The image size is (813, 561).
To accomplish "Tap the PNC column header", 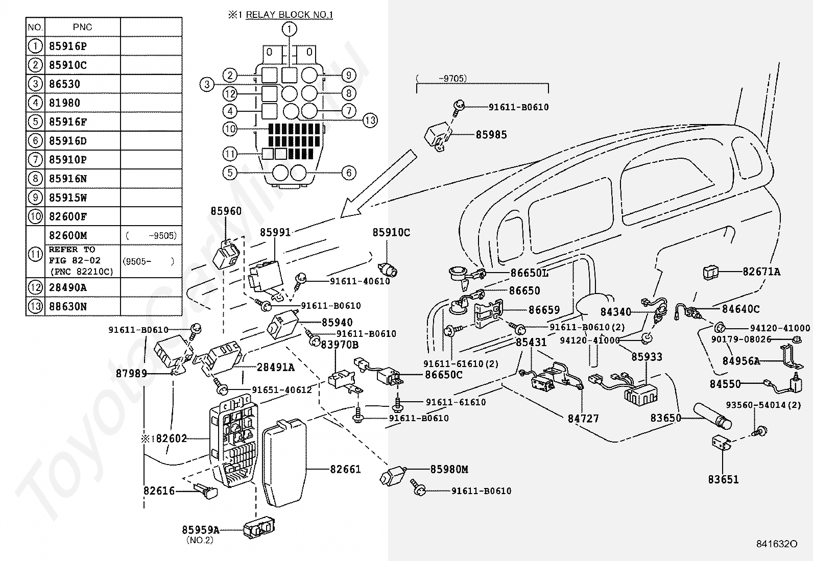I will [x=82, y=27].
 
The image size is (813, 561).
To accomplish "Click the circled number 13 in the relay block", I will [x=370, y=120].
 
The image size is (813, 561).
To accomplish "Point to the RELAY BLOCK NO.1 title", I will [x=289, y=15].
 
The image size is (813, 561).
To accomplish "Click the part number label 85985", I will [x=491, y=135].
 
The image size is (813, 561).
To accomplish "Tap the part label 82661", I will [x=345, y=469].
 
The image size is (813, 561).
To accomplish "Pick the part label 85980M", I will [x=449, y=469].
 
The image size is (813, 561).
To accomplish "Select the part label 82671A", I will [x=761, y=272].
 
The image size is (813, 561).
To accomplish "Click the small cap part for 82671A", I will [x=711, y=273].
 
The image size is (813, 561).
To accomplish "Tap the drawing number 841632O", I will [x=777, y=545].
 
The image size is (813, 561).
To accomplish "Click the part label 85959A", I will [x=201, y=530].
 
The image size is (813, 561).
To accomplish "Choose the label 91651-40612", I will [x=281, y=390].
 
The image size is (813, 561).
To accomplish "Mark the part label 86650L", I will [x=529, y=273].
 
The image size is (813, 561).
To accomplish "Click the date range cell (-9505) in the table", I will [x=151, y=236].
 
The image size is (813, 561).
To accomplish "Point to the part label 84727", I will [x=583, y=419].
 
